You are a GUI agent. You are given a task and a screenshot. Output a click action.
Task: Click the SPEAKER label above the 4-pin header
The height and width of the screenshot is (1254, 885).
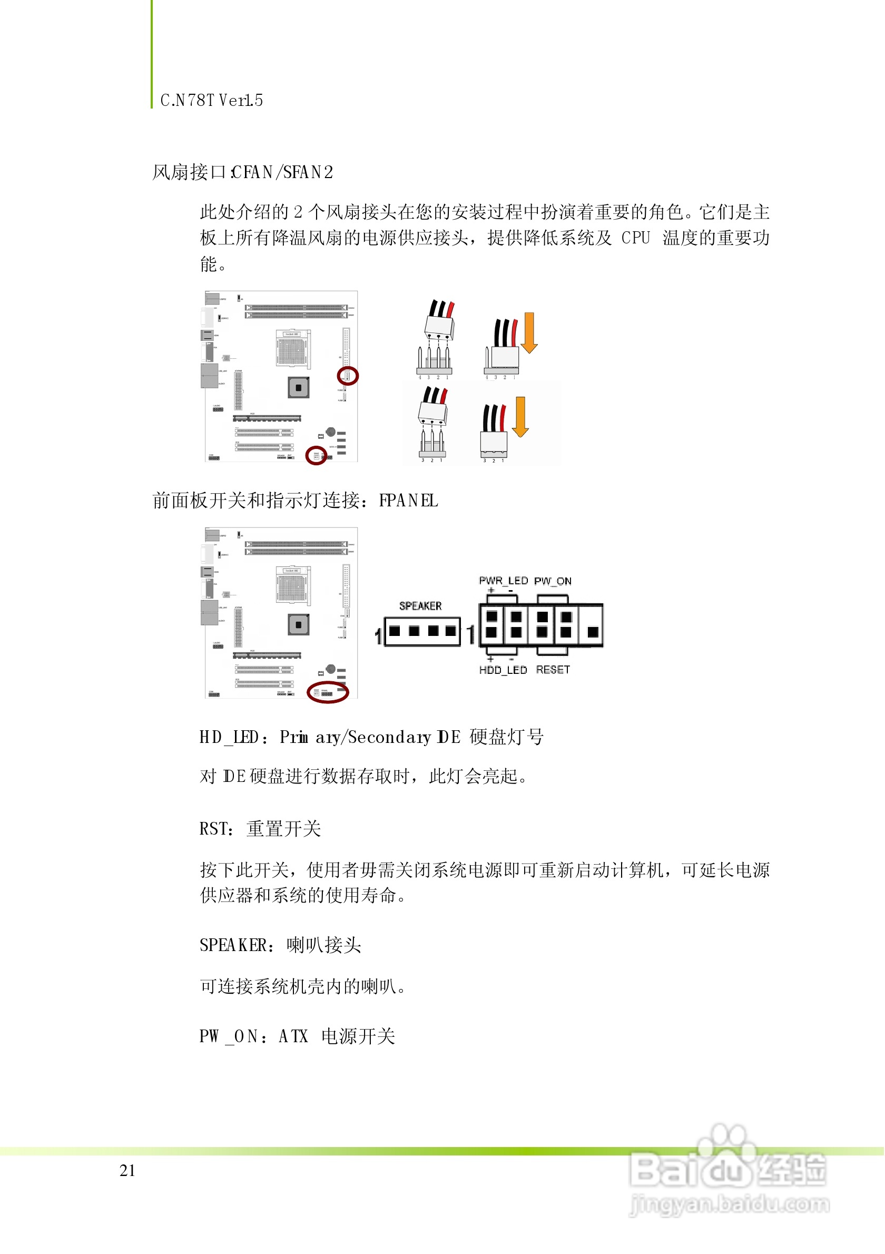coord(420,606)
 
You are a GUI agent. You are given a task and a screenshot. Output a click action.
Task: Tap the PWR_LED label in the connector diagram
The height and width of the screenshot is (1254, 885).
coord(503,581)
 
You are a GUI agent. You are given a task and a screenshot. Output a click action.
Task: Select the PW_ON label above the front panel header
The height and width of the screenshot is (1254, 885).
coord(553,581)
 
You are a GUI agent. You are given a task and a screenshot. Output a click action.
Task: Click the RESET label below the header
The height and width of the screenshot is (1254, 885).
coord(553,670)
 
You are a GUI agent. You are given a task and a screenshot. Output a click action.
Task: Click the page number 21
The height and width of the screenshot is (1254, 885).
coord(127,1170)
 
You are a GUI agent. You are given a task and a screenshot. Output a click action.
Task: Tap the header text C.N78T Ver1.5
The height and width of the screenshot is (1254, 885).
coord(212,101)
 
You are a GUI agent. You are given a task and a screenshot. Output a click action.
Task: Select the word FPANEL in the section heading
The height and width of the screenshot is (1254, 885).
coord(408,501)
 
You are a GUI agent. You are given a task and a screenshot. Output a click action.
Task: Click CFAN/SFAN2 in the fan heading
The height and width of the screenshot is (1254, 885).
coord(282,173)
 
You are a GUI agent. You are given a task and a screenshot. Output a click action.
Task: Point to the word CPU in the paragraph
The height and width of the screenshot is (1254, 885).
coord(635,238)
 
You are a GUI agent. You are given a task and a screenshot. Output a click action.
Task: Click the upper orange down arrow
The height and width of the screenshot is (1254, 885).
coord(528,332)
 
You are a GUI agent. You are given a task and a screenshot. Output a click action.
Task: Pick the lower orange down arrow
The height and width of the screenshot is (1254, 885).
coord(520,417)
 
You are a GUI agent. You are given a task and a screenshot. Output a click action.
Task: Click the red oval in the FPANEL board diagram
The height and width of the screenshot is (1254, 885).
coord(328,692)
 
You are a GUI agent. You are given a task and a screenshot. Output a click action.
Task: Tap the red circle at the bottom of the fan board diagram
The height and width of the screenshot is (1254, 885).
coord(316,456)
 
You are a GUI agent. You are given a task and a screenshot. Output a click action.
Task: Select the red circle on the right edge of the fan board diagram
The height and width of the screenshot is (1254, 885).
coord(347,376)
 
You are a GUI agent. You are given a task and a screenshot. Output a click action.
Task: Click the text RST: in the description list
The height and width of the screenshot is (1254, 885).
coord(217,829)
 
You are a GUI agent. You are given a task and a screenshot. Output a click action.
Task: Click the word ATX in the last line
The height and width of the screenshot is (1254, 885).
coord(293,1036)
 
